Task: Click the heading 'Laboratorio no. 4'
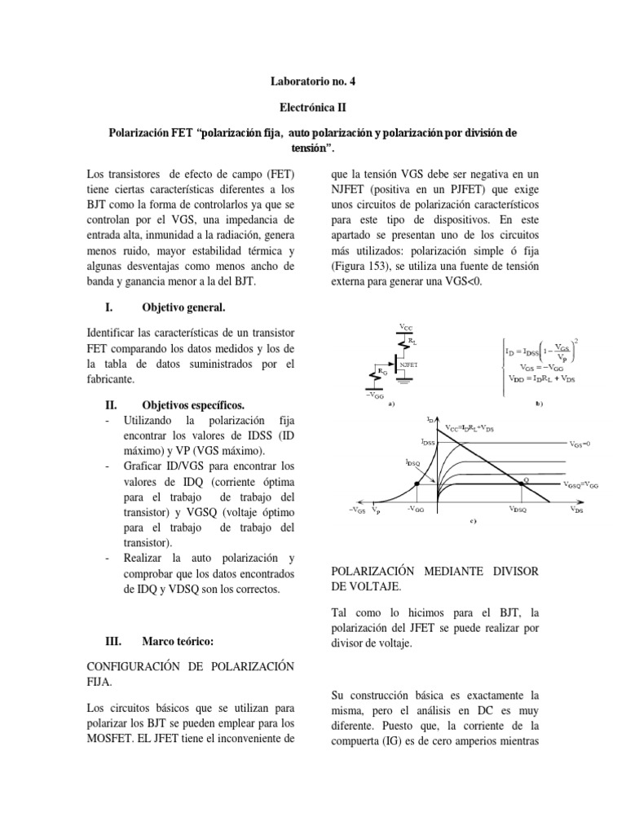click(313, 82)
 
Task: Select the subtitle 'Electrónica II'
click(313, 107)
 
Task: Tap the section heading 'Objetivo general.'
click(183, 307)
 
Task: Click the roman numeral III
click(115, 642)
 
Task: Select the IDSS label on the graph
click(428, 441)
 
